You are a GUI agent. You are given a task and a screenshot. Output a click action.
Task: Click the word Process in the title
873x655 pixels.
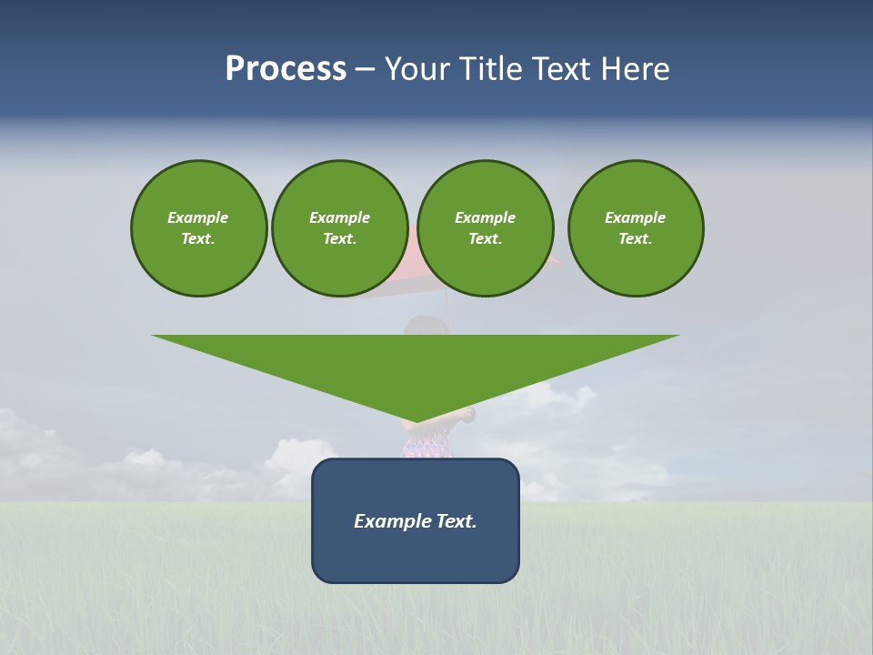point(286,69)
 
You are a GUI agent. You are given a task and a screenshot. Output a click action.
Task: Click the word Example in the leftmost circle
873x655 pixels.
point(198,217)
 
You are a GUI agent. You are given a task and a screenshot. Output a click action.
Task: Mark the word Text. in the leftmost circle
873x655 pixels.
point(198,238)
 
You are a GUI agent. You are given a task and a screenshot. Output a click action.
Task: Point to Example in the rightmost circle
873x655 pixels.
point(636,217)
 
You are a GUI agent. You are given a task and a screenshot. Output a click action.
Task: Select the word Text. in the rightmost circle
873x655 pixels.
point(636,238)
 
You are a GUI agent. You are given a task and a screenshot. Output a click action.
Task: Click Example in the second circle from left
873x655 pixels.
point(340,217)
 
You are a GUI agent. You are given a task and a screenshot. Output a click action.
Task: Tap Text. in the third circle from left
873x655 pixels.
point(486,238)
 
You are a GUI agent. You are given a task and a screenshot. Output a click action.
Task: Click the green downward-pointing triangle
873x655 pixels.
point(416,364)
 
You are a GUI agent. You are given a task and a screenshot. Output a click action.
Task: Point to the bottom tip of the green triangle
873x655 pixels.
point(416,421)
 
